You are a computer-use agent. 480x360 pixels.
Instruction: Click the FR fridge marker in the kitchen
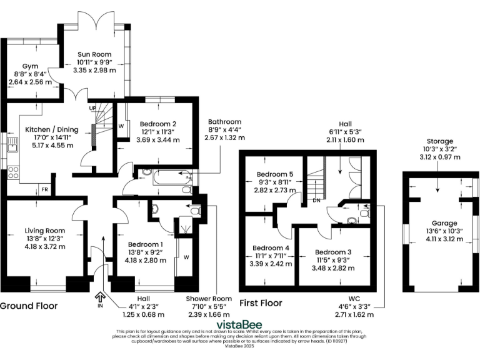point(45,189)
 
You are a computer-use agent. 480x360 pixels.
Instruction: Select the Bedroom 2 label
point(157,124)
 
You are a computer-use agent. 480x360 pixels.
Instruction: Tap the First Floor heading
point(261,302)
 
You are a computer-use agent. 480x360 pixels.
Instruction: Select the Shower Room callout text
point(207,298)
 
